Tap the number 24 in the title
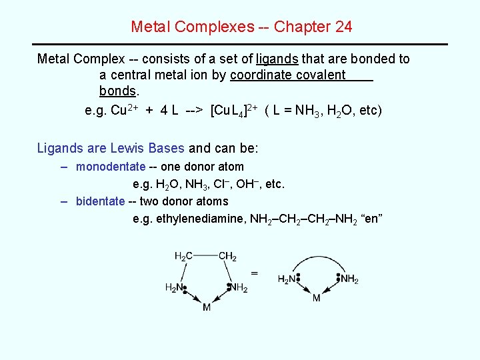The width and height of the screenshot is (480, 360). tap(342, 27)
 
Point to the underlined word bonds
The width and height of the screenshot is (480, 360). tap(117, 91)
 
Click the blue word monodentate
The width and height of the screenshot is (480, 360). tap(111, 167)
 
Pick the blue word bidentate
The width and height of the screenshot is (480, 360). tap(100, 201)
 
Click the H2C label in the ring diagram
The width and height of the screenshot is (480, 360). tap(184, 257)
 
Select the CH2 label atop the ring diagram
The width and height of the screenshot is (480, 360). tap(227, 257)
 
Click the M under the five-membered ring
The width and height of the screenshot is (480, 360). tap(206, 308)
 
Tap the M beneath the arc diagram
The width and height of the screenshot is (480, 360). tap(316, 299)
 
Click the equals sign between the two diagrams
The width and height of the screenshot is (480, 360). tap(255, 273)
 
